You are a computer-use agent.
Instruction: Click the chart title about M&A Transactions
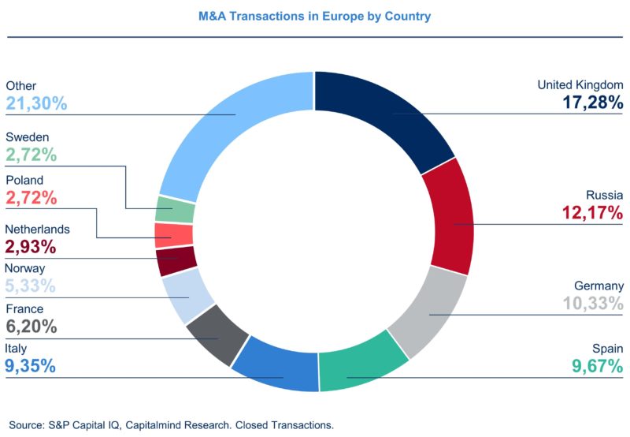point(314,16)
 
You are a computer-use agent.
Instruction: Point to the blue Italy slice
point(272,364)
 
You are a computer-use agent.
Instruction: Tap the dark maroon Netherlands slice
point(175,260)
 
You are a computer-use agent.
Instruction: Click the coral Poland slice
point(173,235)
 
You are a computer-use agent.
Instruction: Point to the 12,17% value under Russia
point(592,212)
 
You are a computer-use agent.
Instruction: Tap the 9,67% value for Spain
point(597,366)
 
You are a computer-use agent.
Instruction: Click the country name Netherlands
point(37,230)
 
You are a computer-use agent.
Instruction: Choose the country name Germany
point(597,286)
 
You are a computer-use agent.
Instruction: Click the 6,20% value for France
point(31,327)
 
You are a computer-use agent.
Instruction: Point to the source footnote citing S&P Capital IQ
point(172,424)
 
